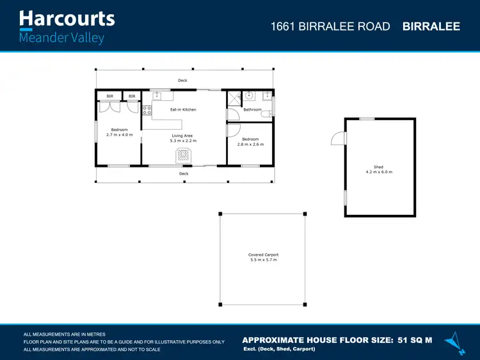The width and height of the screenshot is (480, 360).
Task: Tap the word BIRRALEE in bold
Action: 431,26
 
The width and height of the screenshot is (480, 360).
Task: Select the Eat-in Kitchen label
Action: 183,110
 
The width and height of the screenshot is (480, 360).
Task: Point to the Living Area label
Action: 182,136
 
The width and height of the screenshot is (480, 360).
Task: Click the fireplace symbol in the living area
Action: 184,155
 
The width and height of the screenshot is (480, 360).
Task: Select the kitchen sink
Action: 158,96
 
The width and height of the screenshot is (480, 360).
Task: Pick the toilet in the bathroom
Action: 271,114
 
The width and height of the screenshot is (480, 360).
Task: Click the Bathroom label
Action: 252,110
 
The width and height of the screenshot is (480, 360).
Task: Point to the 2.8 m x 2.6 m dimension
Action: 250,145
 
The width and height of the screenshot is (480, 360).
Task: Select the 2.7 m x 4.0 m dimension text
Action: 119,135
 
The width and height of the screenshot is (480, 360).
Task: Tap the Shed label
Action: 379,168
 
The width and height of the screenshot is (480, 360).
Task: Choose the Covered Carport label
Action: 263,255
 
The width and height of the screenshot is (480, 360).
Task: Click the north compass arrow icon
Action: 455,342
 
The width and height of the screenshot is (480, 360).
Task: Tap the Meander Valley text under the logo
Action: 61,38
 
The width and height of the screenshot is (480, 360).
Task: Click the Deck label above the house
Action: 183,81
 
